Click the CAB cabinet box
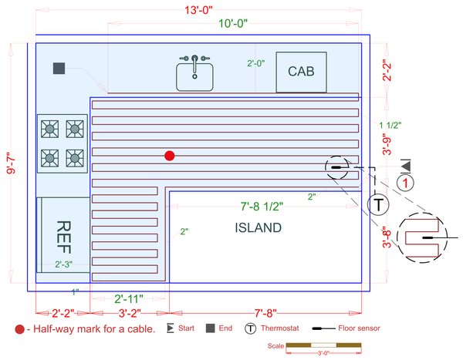pyautogui.click(x=302, y=72)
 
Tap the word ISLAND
pyautogui.click(x=258, y=228)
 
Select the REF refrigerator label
pyautogui.click(x=64, y=232)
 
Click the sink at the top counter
pyautogui.click(x=195, y=73)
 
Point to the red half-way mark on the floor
pyautogui.click(x=170, y=156)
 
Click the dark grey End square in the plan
pyautogui.click(x=59, y=69)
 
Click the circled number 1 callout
pyautogui.click(x=406, y=183)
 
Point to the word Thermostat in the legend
pyautogui.click(x=282, y=328)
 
